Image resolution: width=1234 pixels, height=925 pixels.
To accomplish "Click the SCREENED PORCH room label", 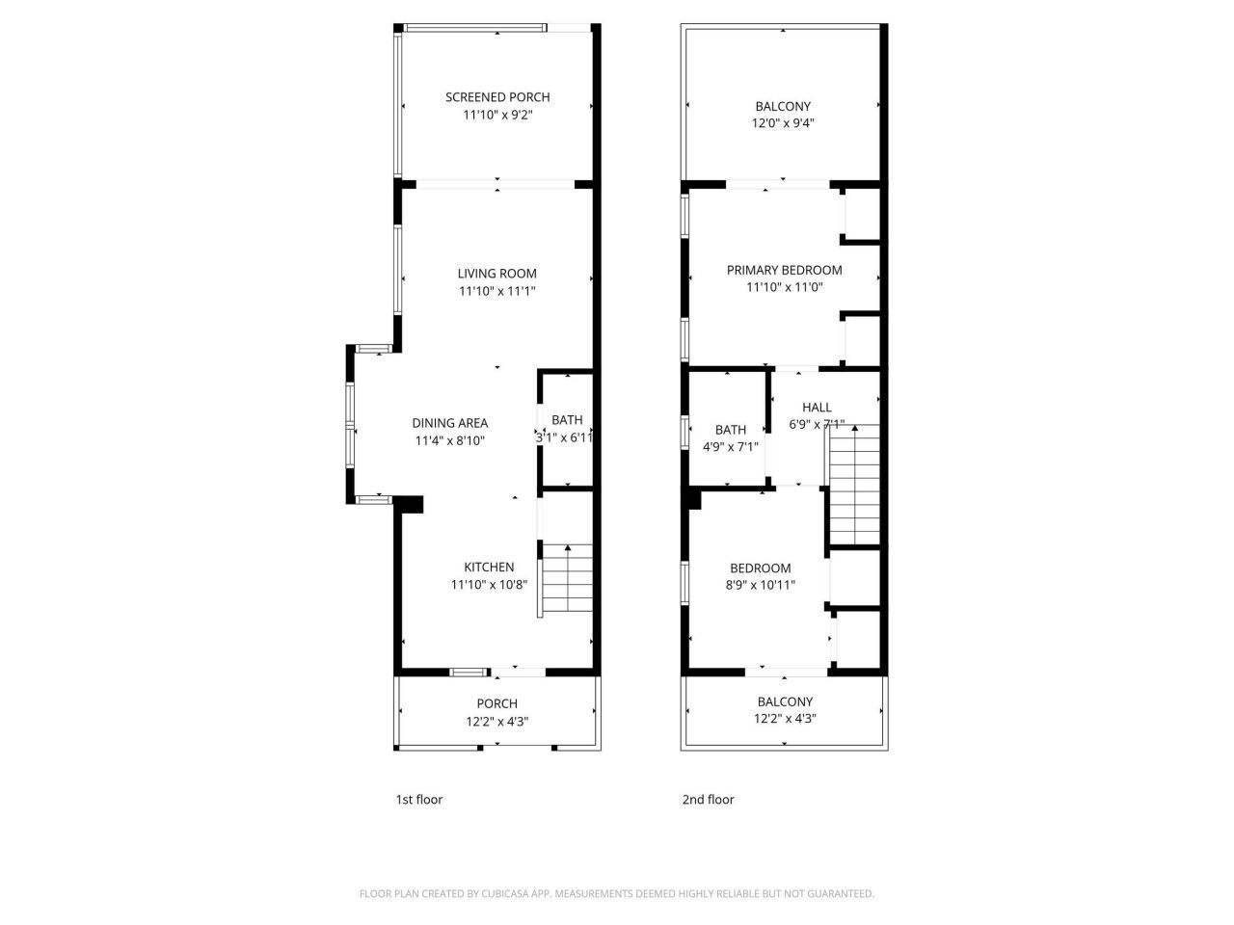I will pyautogui.click(x=497, y=97).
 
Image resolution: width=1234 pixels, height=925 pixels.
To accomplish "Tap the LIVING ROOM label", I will pyautogui.click(x=497, y=274).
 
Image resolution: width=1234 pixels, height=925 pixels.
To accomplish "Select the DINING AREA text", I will pyautogui.click(x=450, y=423).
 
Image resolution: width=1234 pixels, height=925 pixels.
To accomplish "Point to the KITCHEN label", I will pyautogui.click(x=489, y=568).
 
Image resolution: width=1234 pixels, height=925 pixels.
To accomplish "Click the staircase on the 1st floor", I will pyautogui.click(x=568, y=578).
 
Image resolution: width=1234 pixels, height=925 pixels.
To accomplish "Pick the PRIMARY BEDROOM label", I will pyautogui.click(x=784, y=271).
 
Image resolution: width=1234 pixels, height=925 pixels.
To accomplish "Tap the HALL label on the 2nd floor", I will pyautogui.click(x=817, y=408).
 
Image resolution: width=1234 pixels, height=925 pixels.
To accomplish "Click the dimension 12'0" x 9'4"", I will pyautogui.click(x=783, y=123).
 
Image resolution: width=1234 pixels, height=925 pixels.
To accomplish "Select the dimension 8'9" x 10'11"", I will pyautogui.click(x=761, y=584).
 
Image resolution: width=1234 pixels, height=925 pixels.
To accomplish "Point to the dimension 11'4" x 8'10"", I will pyautogui.click(x=450, y=440).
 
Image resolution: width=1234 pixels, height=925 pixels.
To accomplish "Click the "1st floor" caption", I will pyautogui.click(x=419, y=800).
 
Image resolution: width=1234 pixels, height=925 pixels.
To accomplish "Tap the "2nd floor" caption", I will pyautogui.click(x=709, y=800).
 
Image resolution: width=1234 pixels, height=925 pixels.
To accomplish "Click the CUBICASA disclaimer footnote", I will pyautogui.click(x=617, y=894).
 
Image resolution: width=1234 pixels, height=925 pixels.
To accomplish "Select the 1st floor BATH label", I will pyautogui.click(x=567, y=420).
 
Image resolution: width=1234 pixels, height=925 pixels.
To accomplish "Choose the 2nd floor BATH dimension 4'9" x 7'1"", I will pyautogui.click(x=731, y=447).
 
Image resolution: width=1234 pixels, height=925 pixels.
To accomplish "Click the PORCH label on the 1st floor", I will pyautogui.click(x=497, y=704).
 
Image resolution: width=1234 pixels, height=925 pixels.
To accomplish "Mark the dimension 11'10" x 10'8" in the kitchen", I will pyautogui.click(x=489, y=585).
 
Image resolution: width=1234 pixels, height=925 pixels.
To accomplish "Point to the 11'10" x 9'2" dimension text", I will pyautogui.click(x=497, y=115).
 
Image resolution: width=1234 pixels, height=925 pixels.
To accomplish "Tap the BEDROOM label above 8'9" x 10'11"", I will pyautogui.click(x=761, y=568).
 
